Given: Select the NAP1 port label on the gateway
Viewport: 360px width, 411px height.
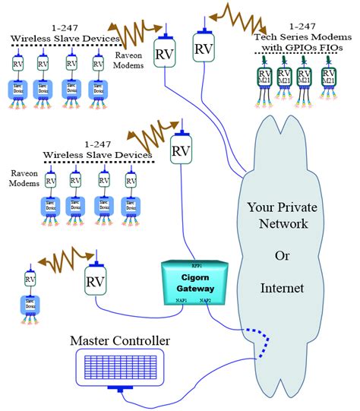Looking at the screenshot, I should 179,301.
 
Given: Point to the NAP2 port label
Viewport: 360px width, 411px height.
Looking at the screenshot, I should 207,301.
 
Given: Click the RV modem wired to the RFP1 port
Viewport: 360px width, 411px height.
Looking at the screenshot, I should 181,150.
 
